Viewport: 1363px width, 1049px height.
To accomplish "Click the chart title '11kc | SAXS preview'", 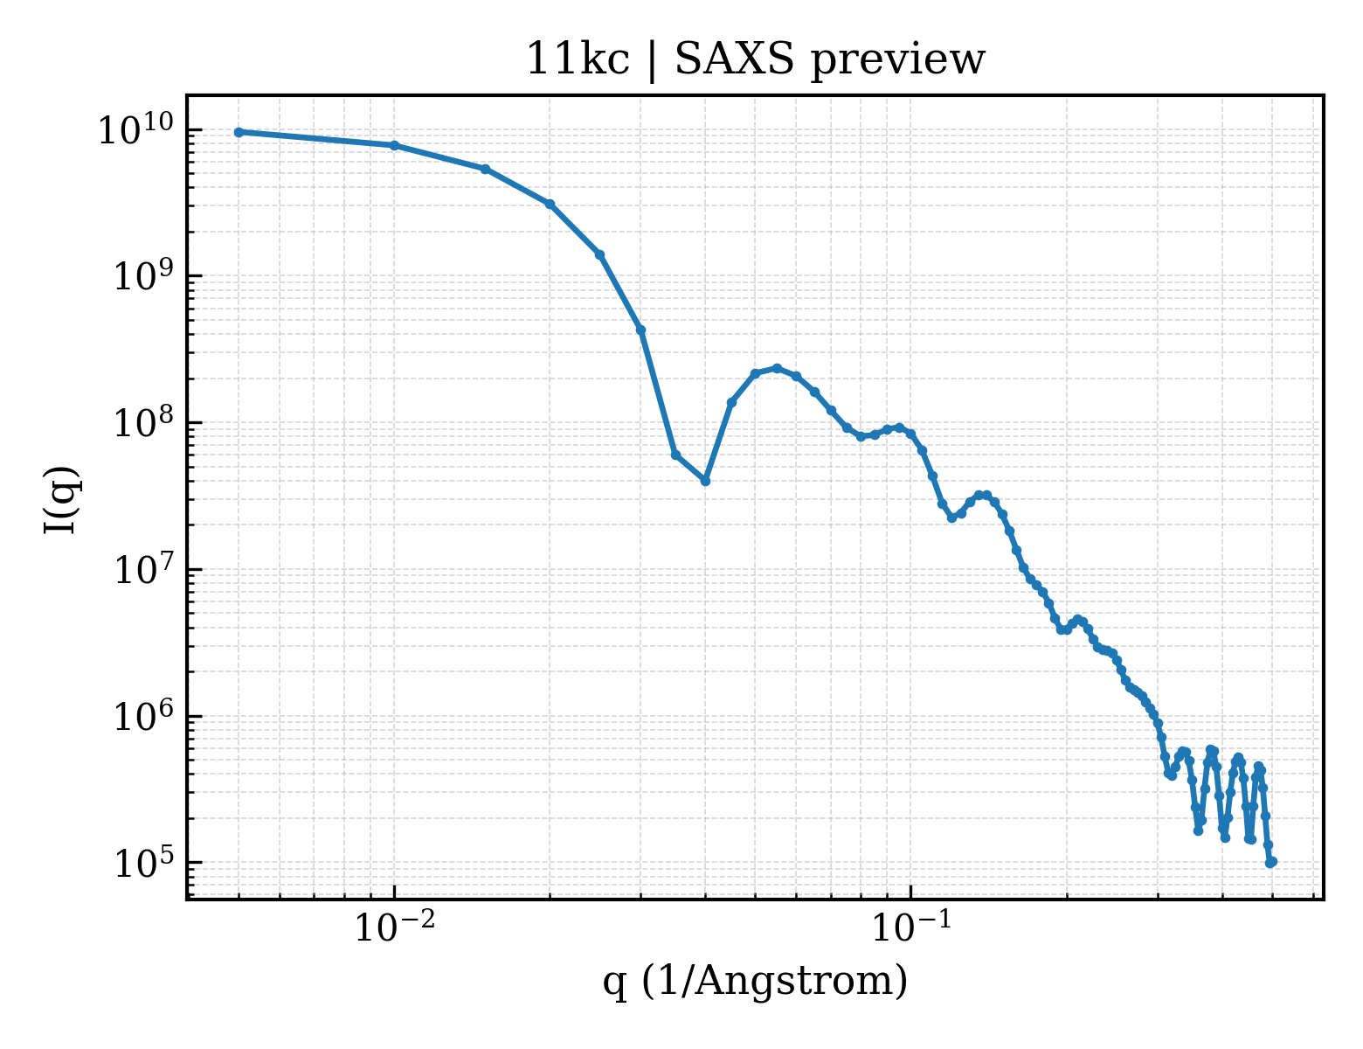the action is click(x=755, y=60).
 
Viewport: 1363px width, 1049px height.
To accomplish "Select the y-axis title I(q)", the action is click(x=61, y=499).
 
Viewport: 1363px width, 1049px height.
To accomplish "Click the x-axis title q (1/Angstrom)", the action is click(x=755, y=981).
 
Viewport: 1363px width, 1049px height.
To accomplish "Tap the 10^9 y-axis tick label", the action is click(x=142, y=276).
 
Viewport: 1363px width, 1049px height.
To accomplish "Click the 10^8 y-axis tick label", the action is click(x=142, y=423).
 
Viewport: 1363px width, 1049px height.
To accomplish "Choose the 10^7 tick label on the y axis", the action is click(x=142, y=570).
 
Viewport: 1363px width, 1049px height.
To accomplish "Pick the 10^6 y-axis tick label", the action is click(x=142, y=716).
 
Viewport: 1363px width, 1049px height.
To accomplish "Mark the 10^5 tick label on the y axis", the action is click(x=142, y=863).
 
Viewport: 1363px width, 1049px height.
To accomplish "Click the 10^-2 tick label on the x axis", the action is click(x=395, y=927).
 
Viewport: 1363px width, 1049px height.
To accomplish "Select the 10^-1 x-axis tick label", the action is click(x=911, y=927).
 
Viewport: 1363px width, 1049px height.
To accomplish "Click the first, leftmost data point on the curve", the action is click(x=239, y=132).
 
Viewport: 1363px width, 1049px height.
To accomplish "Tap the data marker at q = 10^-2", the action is click(x=395, y=146).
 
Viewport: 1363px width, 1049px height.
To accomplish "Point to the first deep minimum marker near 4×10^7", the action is click(x=705, y=481).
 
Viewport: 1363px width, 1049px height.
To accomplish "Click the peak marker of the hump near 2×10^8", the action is click(x=777, y=368).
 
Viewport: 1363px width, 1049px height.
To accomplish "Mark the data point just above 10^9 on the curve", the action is click(x=599, y=254).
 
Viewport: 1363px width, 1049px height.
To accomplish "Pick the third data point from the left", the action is click(x=485, y=170).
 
